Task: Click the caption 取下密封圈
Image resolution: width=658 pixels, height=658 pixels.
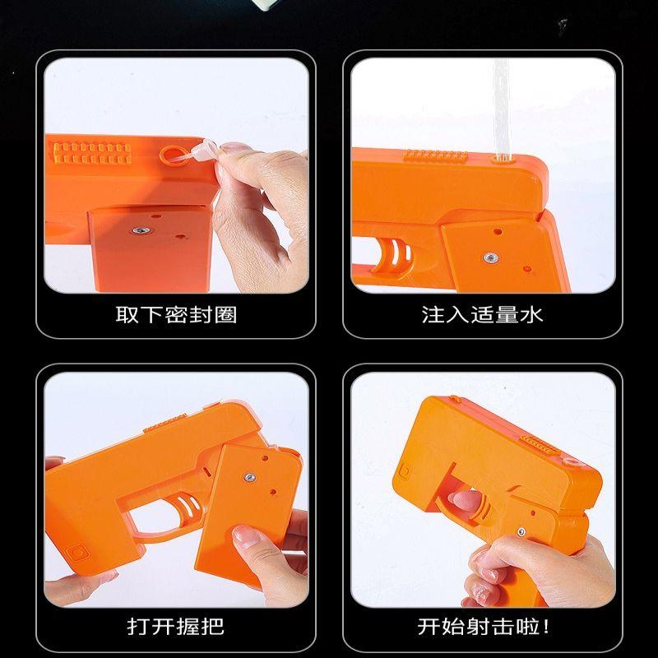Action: tap(176, 314)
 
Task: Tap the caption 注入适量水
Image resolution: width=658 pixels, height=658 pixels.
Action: tap(483, 314)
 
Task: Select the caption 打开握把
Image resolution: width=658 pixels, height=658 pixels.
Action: tap(176, 626)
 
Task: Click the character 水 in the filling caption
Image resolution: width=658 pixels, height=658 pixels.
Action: tap(532, 314)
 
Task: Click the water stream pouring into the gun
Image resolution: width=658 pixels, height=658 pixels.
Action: tap(500, 107)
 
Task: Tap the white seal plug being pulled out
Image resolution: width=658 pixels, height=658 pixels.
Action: tap(203, 151)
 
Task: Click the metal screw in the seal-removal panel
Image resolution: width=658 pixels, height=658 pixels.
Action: tap(141, 231)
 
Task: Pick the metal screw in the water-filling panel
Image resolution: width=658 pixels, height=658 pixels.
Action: tap(490, 257)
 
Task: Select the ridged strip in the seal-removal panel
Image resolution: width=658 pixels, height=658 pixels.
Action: tap(91, 151)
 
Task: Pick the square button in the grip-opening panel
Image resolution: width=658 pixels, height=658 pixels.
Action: tap(81, 549)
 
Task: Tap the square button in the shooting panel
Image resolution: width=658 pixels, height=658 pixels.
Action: tap(405, 471)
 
